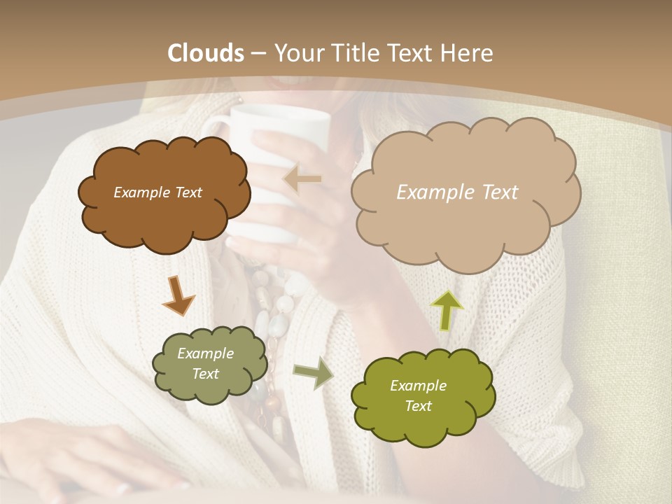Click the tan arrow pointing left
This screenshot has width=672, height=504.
(x=302, y=179)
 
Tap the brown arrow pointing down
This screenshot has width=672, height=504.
(x=178, y=295)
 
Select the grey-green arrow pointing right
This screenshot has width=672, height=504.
(x=313, y=373)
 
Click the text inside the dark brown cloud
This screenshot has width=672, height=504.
(x=157, y=192)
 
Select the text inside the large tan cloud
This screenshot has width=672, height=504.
(x=457, y=192)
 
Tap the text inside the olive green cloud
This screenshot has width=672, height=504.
(x=418, y=395)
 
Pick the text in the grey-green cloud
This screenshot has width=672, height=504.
(x=205, y=364)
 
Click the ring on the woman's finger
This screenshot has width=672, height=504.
(x=123, y=489)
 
